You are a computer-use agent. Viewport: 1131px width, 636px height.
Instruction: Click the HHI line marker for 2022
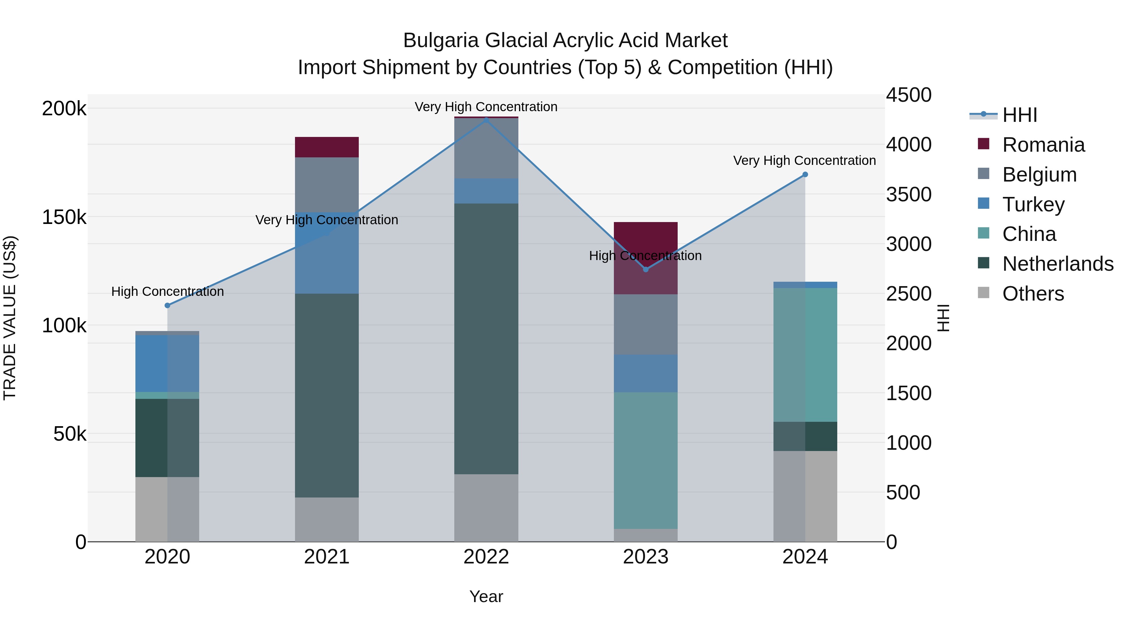click(x=486, y=119)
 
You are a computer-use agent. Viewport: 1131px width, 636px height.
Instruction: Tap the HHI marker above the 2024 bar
click(x=805, y=175)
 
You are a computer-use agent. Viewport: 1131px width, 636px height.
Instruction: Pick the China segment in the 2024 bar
click(x=805, y=355)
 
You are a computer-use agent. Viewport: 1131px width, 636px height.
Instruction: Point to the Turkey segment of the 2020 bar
click(x=167, y=363)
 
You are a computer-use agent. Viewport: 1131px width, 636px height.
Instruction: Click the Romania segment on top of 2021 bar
click(x=327, y=147)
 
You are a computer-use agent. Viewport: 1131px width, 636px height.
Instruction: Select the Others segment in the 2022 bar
click(x=486, y=508)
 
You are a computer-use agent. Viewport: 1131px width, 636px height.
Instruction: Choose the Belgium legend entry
click(x=1039, y=175)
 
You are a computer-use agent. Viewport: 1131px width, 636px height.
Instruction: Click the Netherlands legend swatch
click(x=983, y=264)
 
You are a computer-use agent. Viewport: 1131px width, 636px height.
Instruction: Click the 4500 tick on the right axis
click(x=908, y=95)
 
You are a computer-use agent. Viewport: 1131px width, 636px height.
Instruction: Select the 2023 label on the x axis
click(x=645, y=557)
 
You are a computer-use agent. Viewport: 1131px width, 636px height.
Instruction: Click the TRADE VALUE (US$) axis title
click(x=10, y=318)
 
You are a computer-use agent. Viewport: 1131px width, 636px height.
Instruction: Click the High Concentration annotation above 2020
click(x=167, y=291)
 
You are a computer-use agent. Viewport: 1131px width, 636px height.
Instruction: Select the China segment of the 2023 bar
click(x=645, y=460)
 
